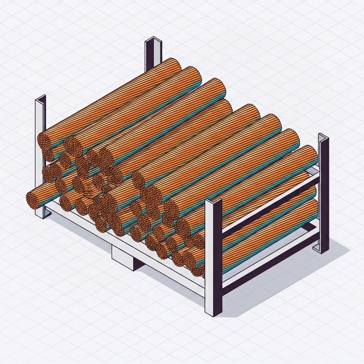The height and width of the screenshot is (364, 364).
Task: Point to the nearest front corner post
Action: pyautogui.click(x=214, y=256)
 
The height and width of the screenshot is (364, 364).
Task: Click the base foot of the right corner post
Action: pyautogui.click(x=323, y=249)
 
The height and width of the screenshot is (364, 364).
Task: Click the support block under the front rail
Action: pyautogui.click(x=123, y=254)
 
